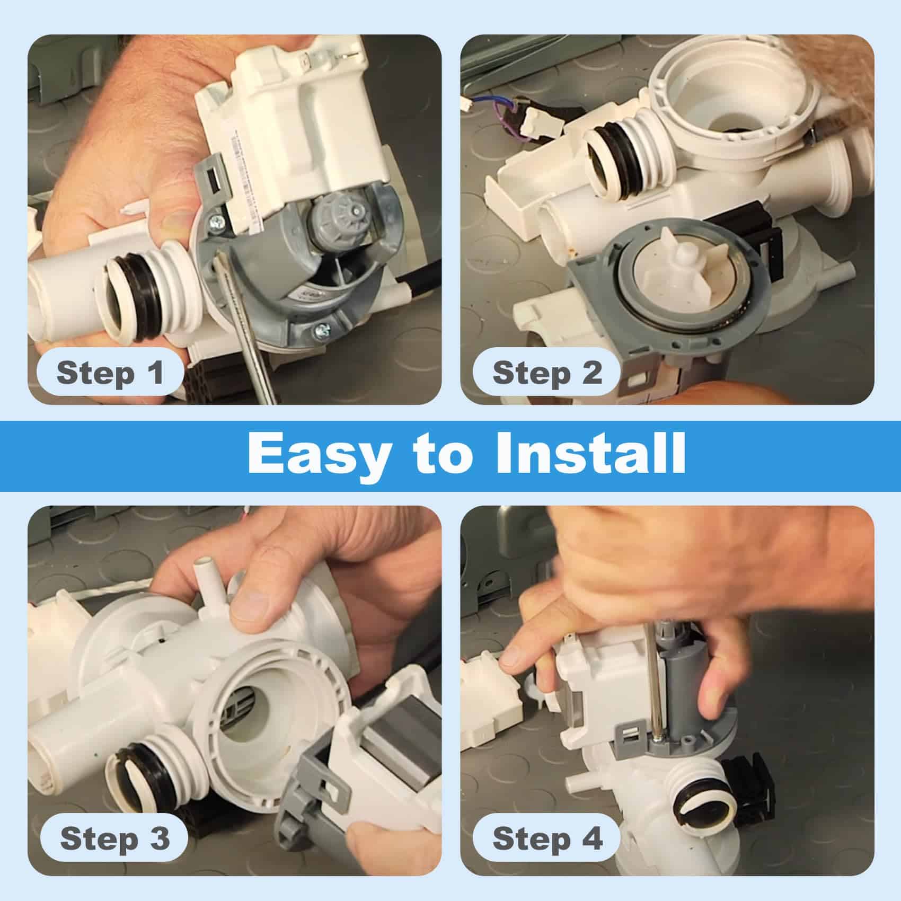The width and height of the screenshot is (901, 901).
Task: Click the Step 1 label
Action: click(110, 373)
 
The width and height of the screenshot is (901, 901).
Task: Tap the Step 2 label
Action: click(547, 373)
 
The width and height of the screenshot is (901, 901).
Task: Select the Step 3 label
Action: click(114, 838)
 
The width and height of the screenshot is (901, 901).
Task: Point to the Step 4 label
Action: click(547, 838)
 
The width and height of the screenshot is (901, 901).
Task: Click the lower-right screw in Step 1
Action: click(322, 332)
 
